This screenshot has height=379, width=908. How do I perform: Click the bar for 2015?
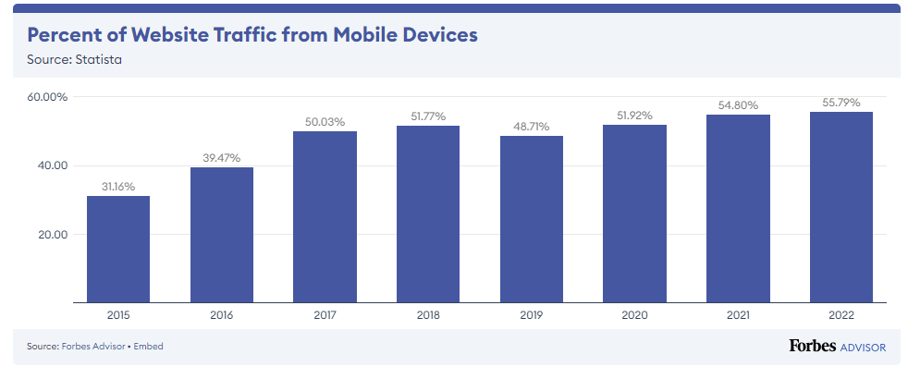(x=118, y=250)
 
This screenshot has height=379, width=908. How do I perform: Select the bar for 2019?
(x=532, y=219)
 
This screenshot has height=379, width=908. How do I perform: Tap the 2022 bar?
(x=841, y=207)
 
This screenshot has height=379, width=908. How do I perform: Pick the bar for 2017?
(x=325, y=217)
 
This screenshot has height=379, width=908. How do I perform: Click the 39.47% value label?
(x=222, y=158)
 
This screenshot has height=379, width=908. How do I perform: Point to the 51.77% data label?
(x=428, y=116)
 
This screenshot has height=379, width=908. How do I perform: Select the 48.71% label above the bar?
(x=532, y=126)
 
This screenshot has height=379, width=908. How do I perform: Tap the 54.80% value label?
(x=739, y=105)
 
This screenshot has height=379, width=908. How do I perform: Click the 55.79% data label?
(x=841, y=103)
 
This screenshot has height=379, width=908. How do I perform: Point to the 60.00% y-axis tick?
(x=47, y=97)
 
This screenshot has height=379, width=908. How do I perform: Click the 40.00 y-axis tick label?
(x=52, y=165)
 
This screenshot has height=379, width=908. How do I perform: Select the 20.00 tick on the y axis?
(x=53, y=235)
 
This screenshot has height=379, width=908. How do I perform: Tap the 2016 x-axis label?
(x=222, y=316)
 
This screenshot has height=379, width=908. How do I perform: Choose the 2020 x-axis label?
(x=634, y=316)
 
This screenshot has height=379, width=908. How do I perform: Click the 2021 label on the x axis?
(x=739, y=316)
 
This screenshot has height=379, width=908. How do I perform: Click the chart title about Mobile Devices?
(x=252, y=35)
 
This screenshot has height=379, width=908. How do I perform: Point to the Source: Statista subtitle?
(x=74, y=59)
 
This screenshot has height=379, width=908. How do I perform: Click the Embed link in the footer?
(x=149, y=347)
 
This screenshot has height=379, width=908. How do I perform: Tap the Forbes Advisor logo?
(x=838, y=347)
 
